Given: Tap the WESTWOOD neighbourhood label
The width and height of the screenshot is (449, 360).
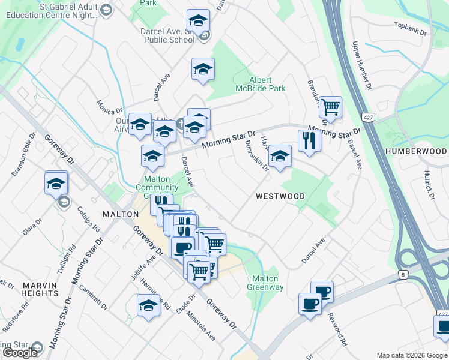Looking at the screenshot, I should click(280, 196).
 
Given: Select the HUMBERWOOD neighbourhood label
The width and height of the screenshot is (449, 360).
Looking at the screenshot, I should click(417, 151).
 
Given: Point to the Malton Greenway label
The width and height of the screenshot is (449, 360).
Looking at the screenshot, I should click(265, 283).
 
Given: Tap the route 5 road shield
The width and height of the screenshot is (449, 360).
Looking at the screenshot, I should click(402, 275).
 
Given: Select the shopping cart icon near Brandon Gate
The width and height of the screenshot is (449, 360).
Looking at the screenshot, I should click(330, 107).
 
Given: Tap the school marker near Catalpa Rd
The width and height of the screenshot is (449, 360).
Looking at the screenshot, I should click(56, 182).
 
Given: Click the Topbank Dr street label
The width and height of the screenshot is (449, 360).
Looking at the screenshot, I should click(409, 28).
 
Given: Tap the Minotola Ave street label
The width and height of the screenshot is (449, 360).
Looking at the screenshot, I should click(200, 325).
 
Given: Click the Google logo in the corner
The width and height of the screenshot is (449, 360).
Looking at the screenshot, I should click(19, 353).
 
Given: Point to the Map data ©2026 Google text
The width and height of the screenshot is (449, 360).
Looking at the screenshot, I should click(412, 355).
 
